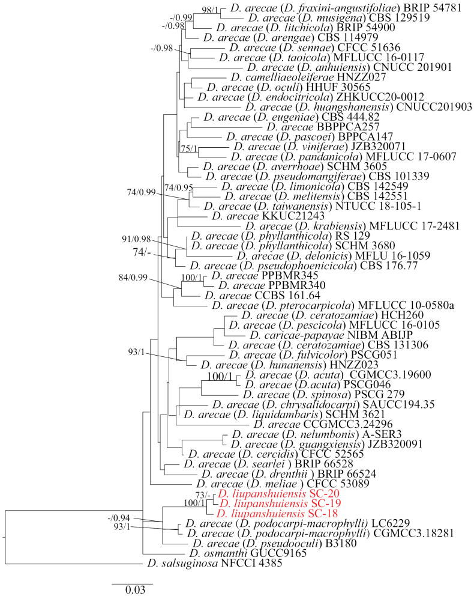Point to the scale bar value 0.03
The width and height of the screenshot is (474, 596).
pyautogui.click(x=132, y=590)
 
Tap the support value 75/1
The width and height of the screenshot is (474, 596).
pyautogui.click(x=188, y=148)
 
